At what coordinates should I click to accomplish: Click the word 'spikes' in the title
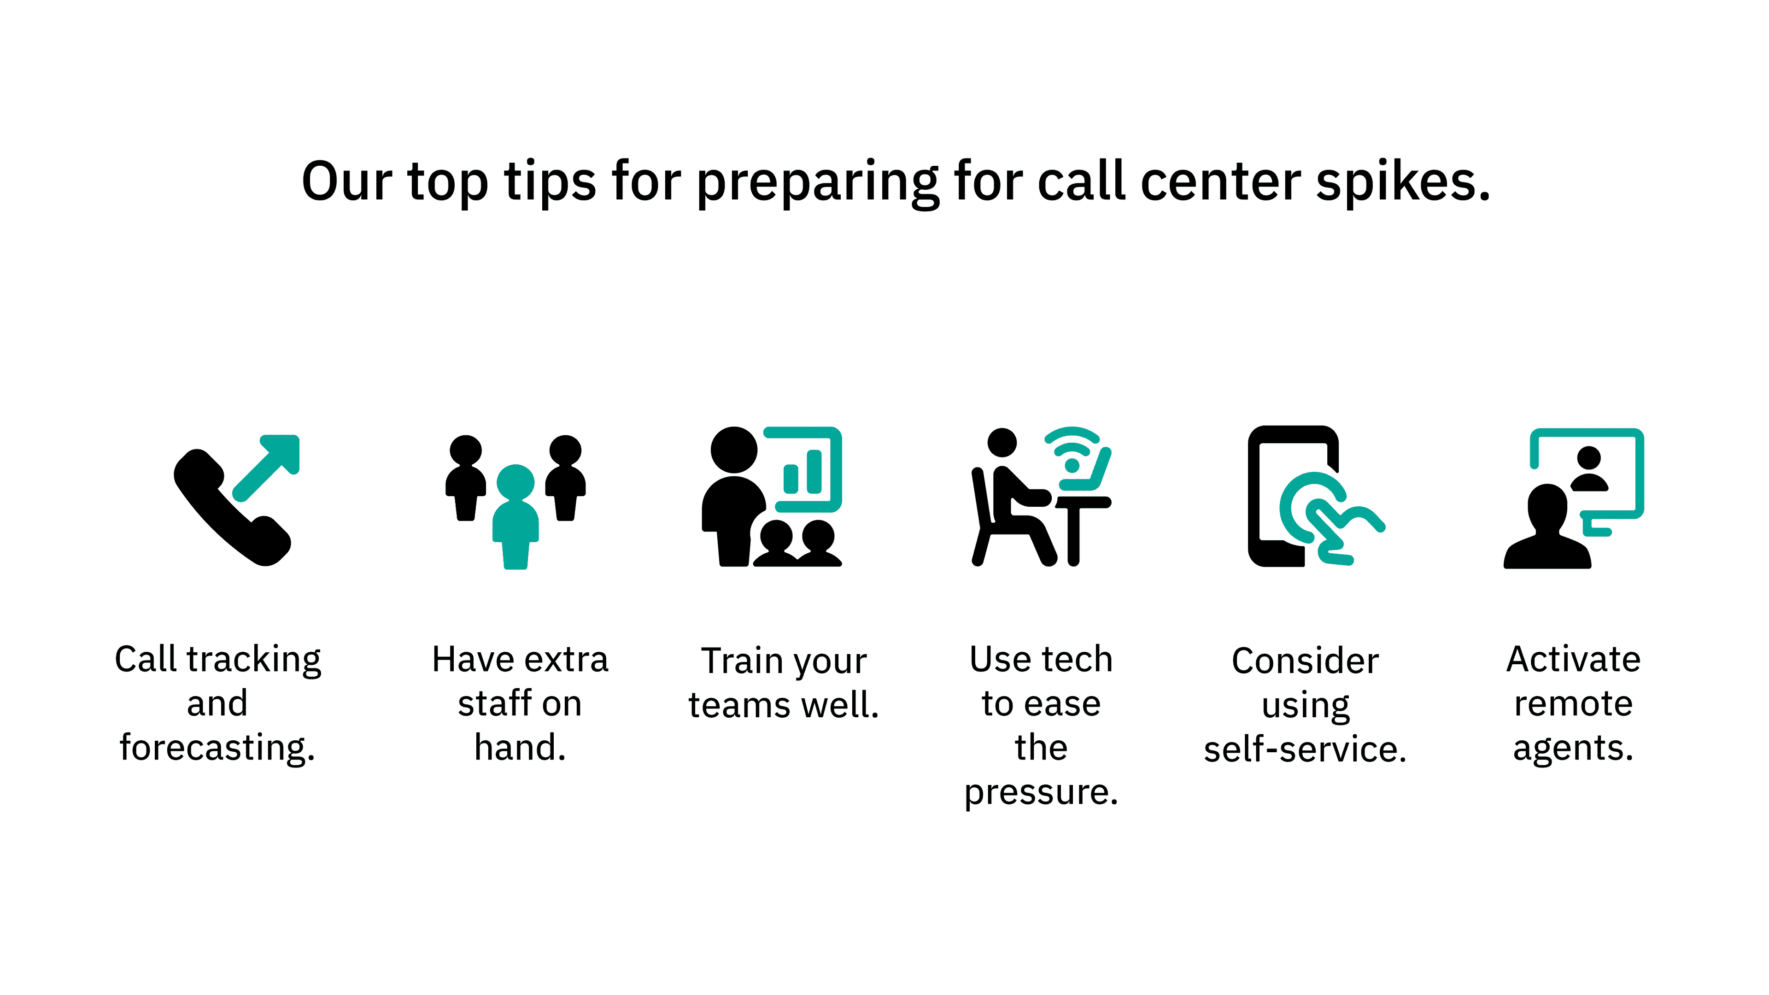(1403, 181)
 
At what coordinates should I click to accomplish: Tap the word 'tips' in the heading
(550, 181)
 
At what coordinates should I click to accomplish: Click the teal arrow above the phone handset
(266, 468)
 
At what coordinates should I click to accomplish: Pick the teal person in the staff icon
(516, 517)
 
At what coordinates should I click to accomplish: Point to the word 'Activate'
(1573, 659)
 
